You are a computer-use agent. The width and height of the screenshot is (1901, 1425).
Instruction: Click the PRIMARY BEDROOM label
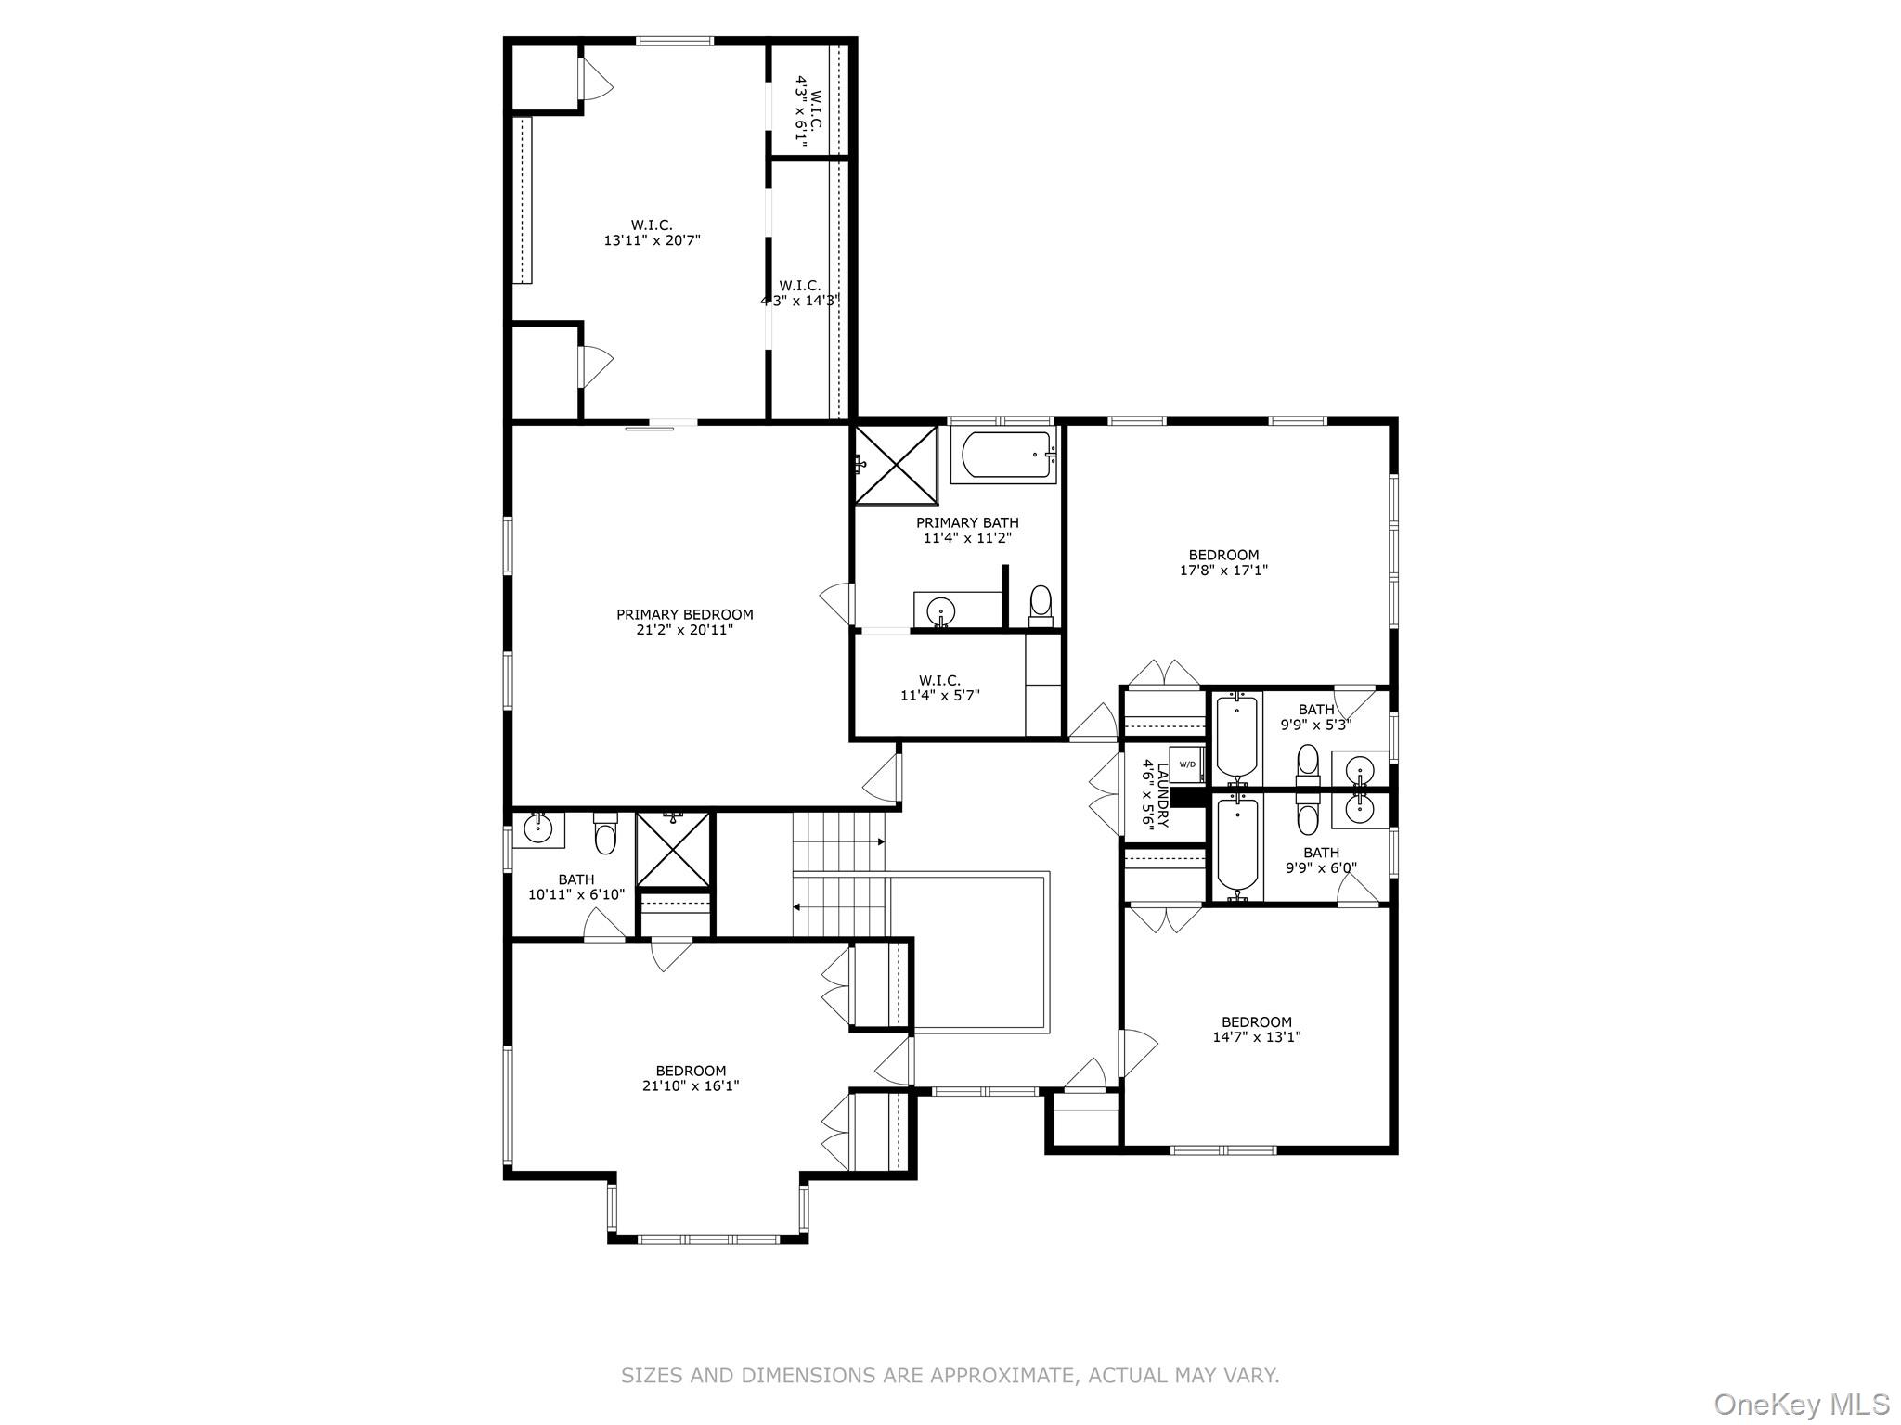(684, 614)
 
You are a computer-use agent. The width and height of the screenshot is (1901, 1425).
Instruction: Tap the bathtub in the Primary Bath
(1006, 455)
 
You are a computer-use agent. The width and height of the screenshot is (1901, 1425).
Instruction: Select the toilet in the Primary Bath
(1041, 603)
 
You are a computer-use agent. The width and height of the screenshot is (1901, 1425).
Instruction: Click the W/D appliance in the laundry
(1187, 764)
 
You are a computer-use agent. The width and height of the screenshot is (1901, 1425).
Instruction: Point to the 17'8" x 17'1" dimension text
(1223, 571)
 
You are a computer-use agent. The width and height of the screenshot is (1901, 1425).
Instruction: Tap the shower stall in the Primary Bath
(896, 465)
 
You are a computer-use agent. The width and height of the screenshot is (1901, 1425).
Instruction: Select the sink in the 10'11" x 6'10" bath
(538, 827)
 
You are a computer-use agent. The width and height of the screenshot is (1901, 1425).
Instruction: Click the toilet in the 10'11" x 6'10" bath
(605, 834)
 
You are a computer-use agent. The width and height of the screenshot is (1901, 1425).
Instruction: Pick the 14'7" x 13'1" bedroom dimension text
(1256, 1037)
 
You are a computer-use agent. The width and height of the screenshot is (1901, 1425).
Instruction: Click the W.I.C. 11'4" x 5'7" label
(939, 687)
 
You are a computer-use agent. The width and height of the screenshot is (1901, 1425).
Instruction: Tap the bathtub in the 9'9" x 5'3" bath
(1236, 738)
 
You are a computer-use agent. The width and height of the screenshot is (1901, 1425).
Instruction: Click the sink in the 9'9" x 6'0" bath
(1360, 808)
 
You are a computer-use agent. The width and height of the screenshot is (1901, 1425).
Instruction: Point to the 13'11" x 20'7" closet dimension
(652, 240)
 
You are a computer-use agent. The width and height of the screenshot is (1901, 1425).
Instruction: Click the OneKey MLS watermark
(1801, 1405)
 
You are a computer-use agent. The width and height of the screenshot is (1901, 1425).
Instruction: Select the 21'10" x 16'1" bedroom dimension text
(690, 1085)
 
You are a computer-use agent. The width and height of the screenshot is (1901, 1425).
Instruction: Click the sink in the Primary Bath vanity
(941, 611)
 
